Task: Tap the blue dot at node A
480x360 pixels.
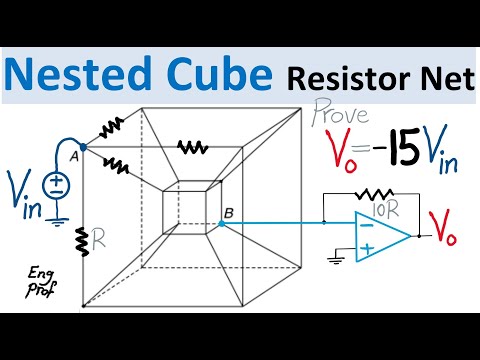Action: [x=82, y=146]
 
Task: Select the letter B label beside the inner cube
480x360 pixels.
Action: [x=229, y=211]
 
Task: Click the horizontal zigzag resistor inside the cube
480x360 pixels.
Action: [x=193, y=146]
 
